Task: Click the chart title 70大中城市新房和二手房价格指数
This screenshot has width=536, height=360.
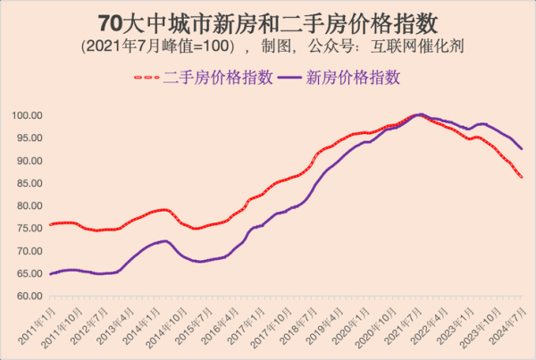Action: (x=268, y=20)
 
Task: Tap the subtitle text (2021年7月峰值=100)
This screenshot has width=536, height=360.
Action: (x=157, y=45)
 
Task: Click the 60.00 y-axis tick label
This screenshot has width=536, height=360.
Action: (x=29, y=297)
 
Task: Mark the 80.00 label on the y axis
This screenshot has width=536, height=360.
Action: (x=29, y=206)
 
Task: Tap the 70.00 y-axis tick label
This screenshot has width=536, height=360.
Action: (x=29, y=251)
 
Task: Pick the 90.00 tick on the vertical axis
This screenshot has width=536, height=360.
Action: (x=29, y=161)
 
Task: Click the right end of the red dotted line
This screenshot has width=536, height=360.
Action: (x=522, y=177)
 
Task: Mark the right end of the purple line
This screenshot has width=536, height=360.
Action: (x=522, y=149)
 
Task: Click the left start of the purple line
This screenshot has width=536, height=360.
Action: (x=51, y=273)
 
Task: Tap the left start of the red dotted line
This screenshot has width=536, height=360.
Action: (x=51, y=224)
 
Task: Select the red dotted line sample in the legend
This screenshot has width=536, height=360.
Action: (x=148, y=78)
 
